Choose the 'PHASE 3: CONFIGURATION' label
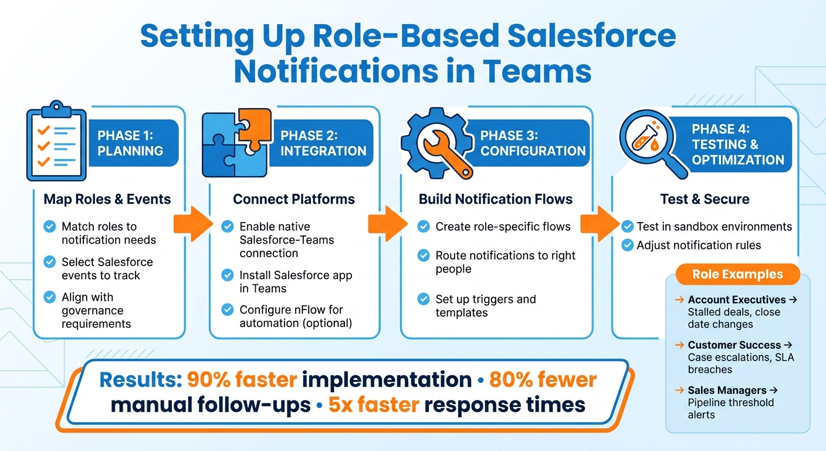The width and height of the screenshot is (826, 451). [x=533, y=143]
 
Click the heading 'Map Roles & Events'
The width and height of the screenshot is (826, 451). [x=107, y=199]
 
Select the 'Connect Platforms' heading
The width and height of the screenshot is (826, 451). [x=294, y=199]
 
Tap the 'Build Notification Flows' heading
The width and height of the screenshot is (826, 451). [x=496, y=199]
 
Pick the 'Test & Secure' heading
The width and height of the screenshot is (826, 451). [x=705, y=199]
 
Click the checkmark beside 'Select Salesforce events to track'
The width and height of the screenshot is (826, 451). [x=50, y=262]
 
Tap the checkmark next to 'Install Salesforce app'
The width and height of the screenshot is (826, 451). [x=227, y=275]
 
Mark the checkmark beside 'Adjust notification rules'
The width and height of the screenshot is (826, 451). [x=627, y=245]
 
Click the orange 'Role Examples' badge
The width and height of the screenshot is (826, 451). [x=737, y=274]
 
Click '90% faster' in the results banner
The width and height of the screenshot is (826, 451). [x=241, y=379]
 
